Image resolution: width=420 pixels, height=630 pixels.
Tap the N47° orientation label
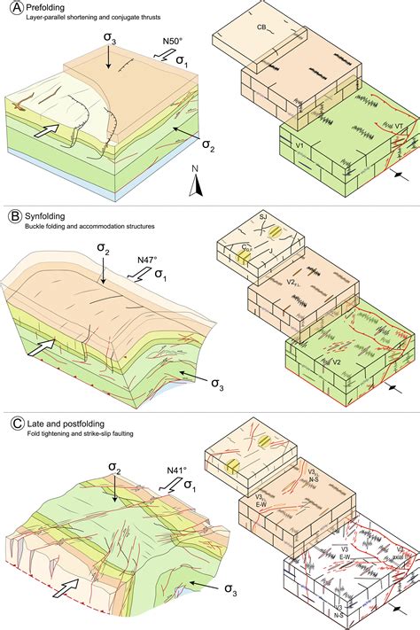(x=149, y=260)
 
